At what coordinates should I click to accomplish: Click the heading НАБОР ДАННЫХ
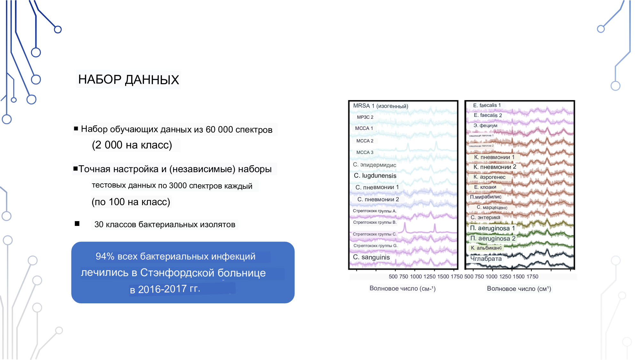click(128, 80)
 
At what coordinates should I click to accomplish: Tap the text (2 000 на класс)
click(132, 145)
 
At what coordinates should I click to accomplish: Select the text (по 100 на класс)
click(131, 202)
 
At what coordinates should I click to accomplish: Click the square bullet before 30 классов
click(77, 224)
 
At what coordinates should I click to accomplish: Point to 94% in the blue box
click(105, 256)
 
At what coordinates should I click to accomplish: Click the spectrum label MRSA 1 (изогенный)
click(380, 106)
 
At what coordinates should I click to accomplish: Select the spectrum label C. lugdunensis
click(375, 176)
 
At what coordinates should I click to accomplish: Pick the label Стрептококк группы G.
click(375, 246)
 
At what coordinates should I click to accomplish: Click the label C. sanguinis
click(371, 257)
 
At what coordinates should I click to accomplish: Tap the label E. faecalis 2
click(488, 115)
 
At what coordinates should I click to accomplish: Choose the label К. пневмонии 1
click(494, 157)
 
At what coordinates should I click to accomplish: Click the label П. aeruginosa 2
click(493, 238)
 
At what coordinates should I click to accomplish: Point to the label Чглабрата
click(486, 259)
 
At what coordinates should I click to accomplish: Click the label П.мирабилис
click(485, 197)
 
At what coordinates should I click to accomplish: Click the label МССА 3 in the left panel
click(365, 152)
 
